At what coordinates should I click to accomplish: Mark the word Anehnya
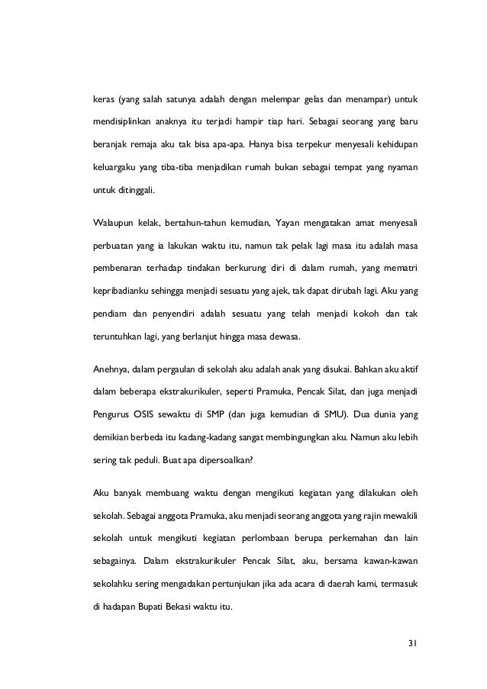[x=109, y=369]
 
